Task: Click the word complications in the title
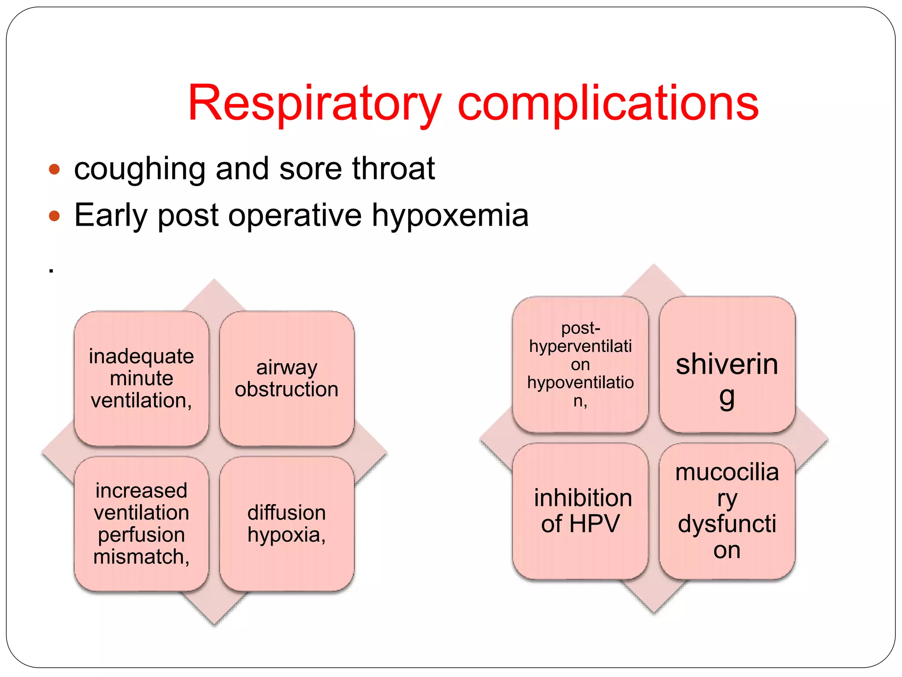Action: tap(608, 104)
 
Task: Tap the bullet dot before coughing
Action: tap(54, 169)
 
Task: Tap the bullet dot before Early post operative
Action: tap(54, 216)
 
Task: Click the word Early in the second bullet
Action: tap(110, 216)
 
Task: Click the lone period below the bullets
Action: tap(52, 271)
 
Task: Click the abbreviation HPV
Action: tap(595, 524)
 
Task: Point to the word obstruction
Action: tap(287, 390)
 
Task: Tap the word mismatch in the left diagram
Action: tap(141, 557)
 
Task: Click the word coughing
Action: tap(140, 169)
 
